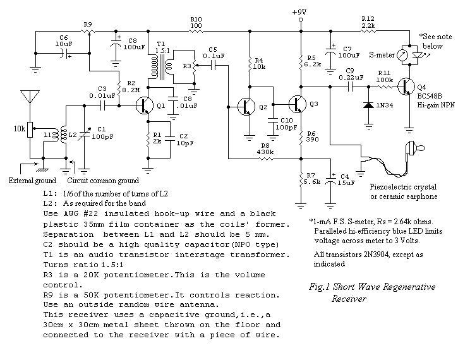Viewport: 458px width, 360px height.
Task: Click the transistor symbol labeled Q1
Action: click(x=145, y=105)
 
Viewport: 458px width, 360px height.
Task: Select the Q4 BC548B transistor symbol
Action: click(x=406, y=87)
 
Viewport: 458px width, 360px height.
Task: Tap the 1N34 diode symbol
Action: click(x=369, y=105)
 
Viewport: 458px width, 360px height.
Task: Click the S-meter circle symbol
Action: click(x=402, y=55)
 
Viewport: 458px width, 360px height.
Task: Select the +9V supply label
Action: click(x=299, y=12)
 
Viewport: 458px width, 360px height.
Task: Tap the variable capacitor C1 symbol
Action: click(x=84, y=135)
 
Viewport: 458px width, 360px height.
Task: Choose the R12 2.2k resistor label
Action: click(x=368, y=22)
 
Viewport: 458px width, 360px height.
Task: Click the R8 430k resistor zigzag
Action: click(x=265, y=159)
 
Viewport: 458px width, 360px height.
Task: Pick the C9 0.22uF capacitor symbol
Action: click(x=350, y=87)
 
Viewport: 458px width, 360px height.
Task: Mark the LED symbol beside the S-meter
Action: click(x=418, y=55)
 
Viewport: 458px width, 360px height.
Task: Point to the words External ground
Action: click(x=32, y=181)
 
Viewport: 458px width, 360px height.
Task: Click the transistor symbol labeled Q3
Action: click(x=298, y=104)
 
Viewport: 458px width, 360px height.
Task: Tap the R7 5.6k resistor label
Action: click(x=312, y=179)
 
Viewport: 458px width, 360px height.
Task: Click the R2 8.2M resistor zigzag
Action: click(x=119, y=87)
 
